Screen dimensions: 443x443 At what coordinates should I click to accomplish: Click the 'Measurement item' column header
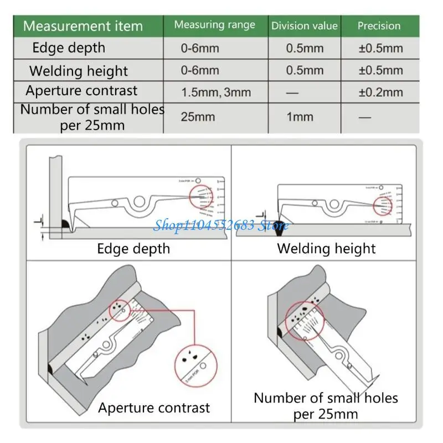point(83,26)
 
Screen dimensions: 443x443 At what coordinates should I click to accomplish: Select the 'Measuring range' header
point(214,25)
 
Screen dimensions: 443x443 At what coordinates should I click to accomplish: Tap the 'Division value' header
point(304,25)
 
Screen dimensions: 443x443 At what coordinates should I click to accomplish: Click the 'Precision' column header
point(379,25)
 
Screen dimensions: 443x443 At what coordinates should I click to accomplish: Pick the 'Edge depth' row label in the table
point(69,48)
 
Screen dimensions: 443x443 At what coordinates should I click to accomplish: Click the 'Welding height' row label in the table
point(78,71)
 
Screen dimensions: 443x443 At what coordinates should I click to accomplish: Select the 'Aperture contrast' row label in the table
point(81,91)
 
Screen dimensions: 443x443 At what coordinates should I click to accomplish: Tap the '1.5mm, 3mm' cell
point(215,92)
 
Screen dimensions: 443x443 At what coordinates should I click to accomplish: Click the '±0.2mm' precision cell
point(380,92)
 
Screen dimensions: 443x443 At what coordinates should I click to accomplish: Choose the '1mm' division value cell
point(300,116)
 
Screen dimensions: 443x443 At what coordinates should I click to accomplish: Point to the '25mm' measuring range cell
point(198,116)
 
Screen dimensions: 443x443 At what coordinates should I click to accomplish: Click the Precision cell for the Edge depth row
point(380,48)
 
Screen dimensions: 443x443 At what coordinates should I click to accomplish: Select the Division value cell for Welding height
point(305,70)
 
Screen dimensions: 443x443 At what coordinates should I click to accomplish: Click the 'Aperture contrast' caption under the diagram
point(154,408)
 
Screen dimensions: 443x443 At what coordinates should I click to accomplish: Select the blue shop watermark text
point(221,225)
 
